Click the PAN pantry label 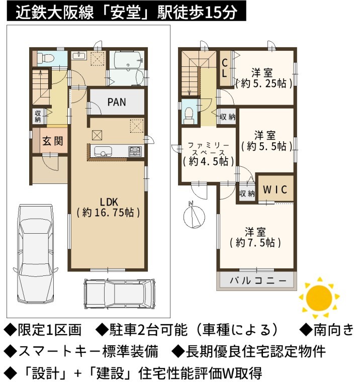coord(117,102)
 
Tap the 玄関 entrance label coord(53,141)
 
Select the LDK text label coord(109,202)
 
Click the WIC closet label coord(275,189)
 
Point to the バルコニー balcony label coord(258,280)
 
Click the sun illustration coord(319,298)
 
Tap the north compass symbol coord(194,216)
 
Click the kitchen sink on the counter coord(103,151)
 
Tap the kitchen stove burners coord(135,151)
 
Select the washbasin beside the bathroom coord(79,56)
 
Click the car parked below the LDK coord(120,295)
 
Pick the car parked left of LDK coord(36,253)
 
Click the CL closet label coord(225,68)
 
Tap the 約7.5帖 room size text coord(255,243)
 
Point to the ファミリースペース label coord(208,149)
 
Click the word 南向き coord(333,330)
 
